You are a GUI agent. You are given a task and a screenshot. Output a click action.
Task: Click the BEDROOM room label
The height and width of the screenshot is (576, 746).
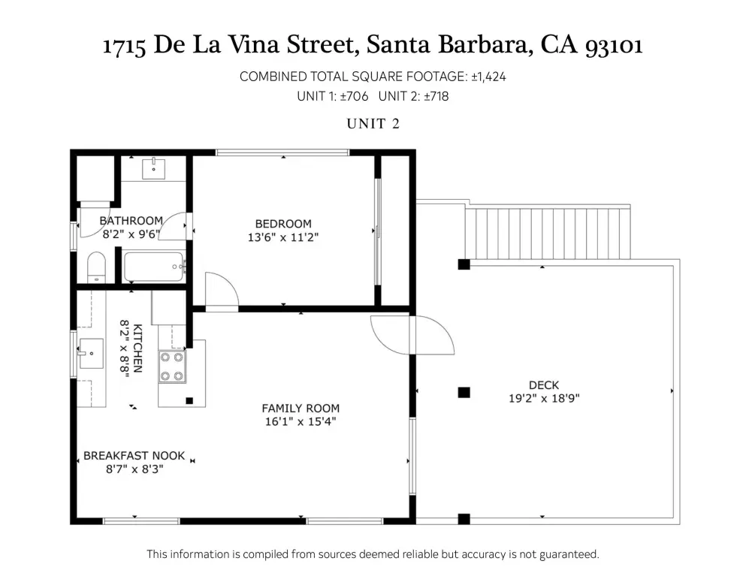coord(283,224)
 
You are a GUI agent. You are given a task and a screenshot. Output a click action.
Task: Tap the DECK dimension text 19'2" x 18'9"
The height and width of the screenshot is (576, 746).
coord(544,398)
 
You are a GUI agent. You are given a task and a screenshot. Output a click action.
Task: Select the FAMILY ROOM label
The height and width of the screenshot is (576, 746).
coord(301,408)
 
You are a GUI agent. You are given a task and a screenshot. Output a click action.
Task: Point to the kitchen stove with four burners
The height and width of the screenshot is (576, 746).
coord(172,366)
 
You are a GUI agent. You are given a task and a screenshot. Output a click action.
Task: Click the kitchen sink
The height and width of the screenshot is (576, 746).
coord(90,354)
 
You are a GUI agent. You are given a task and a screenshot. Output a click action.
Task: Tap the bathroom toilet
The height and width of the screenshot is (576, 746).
coord(97,267)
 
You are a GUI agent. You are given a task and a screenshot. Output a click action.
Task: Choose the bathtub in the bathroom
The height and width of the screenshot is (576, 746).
coord(154,267)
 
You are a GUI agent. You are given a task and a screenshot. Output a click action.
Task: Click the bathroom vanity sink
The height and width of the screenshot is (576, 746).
coord(154,169)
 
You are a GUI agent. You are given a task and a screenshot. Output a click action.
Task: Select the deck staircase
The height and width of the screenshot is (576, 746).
coord(548,232)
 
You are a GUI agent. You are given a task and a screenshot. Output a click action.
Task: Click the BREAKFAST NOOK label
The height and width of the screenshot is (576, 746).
coord(134,456)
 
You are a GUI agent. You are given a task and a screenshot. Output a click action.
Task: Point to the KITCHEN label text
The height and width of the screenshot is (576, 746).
coord(137,348)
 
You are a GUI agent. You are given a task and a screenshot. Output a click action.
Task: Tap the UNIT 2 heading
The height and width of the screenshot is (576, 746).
coord(373,124)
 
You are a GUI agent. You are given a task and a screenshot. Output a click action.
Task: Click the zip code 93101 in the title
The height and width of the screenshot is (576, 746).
coord(614,46)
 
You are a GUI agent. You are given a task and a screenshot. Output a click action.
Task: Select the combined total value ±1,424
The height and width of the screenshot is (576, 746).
coord(488,77)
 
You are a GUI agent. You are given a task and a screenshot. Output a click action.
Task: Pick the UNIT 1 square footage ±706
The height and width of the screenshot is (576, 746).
coord(354,96)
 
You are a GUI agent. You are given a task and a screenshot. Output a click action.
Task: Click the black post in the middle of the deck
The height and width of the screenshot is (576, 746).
coord(464,393)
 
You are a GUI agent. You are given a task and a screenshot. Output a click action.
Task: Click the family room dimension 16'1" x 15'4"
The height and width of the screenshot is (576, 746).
coord(301,421)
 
